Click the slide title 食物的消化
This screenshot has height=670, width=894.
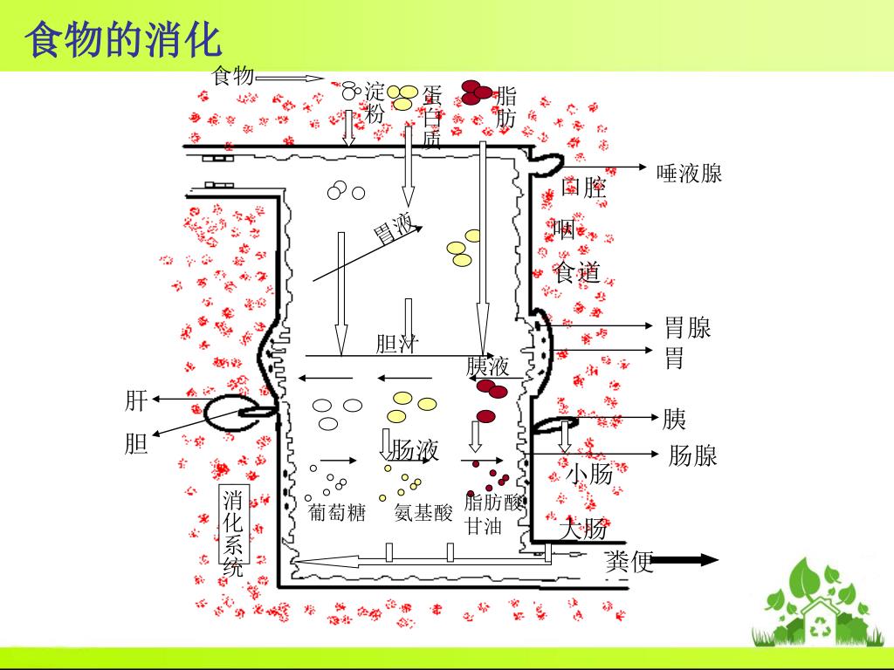click(x=124, y=40)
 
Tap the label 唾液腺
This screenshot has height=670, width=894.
click(x=689, y=174)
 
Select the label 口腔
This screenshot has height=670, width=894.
click(x=583, y=188)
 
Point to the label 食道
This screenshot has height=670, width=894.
click(x=577, y=272)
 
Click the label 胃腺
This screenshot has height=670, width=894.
click(x=687, y=328)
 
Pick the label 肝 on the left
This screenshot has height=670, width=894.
click(x=135, y=400)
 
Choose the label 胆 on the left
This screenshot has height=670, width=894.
click(x=135, y=445)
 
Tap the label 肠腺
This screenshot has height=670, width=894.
click(x=692, y=455)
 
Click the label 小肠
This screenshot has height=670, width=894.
click(x=589, y=475)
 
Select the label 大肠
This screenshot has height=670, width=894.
click(x=583, y=529)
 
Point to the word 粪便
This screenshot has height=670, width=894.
click(x=629, y=563)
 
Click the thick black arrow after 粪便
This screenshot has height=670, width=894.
click(x=686, y=561)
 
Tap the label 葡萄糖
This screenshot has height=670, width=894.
click(x=337, y=513)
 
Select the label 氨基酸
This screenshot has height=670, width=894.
click(x=423, y=513)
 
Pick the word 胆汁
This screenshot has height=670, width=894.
click(x=396, y=344)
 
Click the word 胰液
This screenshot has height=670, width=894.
click(x=487, y=366)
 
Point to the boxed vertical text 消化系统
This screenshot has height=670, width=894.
click(x=233, y=535)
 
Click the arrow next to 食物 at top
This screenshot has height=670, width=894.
click(x=290, y=78)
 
